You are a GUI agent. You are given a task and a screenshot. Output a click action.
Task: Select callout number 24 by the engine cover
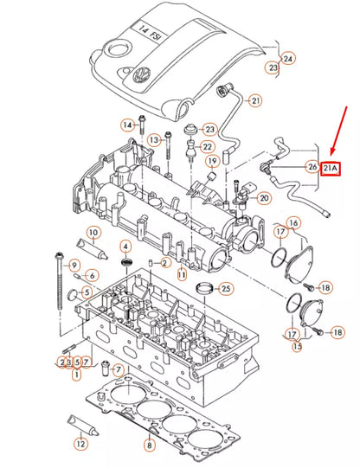[x=288, y=59]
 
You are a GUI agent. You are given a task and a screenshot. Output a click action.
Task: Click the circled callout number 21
[x=254, y=101]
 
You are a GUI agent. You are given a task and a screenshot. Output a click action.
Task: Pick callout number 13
[x=154, y=140]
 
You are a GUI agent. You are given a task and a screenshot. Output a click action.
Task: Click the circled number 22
[x=209, y=147]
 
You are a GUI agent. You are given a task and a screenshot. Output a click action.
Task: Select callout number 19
[x=211, y=162]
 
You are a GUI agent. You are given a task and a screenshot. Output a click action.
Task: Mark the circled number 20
[x=264, y=197]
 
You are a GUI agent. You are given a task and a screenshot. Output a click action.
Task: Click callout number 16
[x=294, y=224]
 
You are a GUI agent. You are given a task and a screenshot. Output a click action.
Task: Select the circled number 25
[x=226, y=288]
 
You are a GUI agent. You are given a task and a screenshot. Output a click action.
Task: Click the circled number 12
[x=80, y=444]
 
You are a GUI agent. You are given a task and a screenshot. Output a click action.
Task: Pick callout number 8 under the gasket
[x=149, y=446]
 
